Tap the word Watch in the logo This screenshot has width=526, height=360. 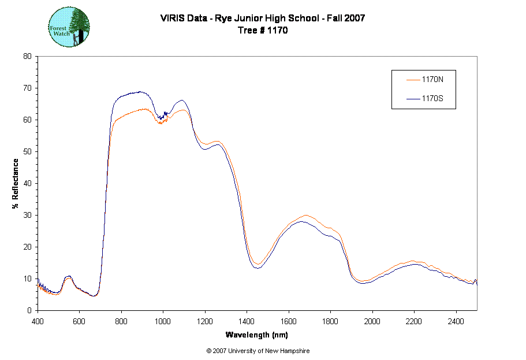click(x=62, y=34)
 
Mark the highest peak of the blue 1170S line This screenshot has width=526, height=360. click(x=139, y=91)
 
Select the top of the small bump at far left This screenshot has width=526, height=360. click(x=69, y=278)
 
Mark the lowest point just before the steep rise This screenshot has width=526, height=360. click(x=95, y=296)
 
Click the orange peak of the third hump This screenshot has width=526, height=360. click(x=306, y=216)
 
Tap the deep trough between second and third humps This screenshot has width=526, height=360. click(x=258, y=265)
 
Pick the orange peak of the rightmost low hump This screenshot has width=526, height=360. click(x=413, y=261)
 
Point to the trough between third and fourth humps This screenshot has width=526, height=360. click(x=362, y=281)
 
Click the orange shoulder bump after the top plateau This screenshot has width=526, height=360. click(x=217, y=141)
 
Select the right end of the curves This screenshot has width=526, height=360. click(x=476, y=282)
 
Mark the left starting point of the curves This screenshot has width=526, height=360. click(x=38, y=284)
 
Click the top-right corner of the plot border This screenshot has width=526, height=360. click(x=477, y=56)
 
